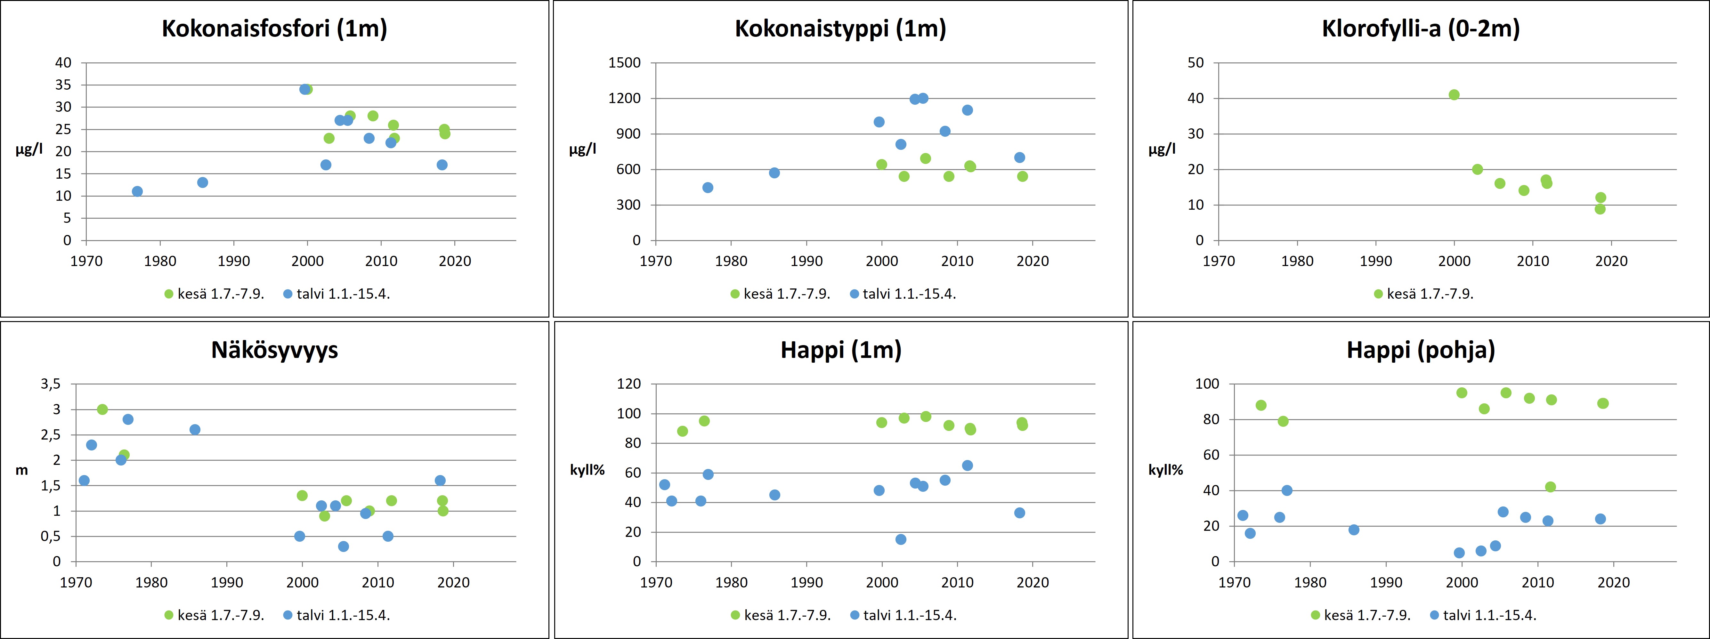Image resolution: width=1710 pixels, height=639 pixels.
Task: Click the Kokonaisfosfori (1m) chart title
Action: (x=274, y=28)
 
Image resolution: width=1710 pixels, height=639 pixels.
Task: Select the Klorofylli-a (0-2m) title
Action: (x=1421, y=28)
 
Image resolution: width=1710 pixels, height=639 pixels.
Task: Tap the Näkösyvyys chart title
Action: (x=274, y=350)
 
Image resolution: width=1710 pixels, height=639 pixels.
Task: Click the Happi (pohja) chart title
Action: (x=1421, y=350)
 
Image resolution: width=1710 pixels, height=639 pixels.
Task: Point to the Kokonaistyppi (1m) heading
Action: (x=840, y=28)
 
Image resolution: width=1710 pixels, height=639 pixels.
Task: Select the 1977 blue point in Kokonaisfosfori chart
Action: (x=137, y=191)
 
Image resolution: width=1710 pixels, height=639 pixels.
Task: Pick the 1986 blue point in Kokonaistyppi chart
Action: (x=774, y=173)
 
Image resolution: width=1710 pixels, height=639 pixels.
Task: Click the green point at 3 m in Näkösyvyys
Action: (x=102, y=409)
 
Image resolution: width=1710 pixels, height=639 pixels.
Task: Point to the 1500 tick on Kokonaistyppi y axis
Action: (x=625, y=63)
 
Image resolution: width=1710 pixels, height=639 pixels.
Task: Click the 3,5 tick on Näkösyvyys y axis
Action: (x=51, y=384)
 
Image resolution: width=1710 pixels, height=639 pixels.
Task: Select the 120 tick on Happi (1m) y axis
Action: (x=628, y=384)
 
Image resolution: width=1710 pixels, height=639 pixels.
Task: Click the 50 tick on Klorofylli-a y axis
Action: (x=1195, y=63)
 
